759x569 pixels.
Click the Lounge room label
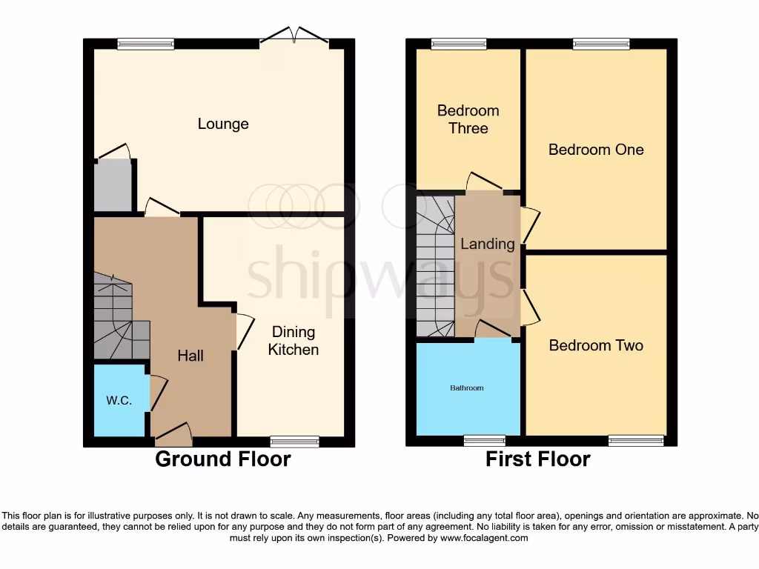(x=223, y=124)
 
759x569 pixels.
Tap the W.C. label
(x=119, y=401)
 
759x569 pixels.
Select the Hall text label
(x=190, y=356)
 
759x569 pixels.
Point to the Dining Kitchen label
(x=294, y=341)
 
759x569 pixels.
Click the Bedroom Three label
(x=468, y=119)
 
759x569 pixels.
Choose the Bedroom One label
(x=596, y=150)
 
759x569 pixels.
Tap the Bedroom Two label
(x=596, y=345)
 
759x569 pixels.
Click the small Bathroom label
(x=468, y=388)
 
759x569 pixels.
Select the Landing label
(x=488, y=244)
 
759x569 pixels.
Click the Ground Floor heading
(x=222, y=459)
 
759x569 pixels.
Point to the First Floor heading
(x=537, y=459)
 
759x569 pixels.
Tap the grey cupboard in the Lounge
(x=113, y=185)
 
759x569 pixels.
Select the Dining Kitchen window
(x=294, y=441)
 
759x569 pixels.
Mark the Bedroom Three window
(x=460, y=44)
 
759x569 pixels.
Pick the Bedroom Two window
(x=636, y=441)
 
